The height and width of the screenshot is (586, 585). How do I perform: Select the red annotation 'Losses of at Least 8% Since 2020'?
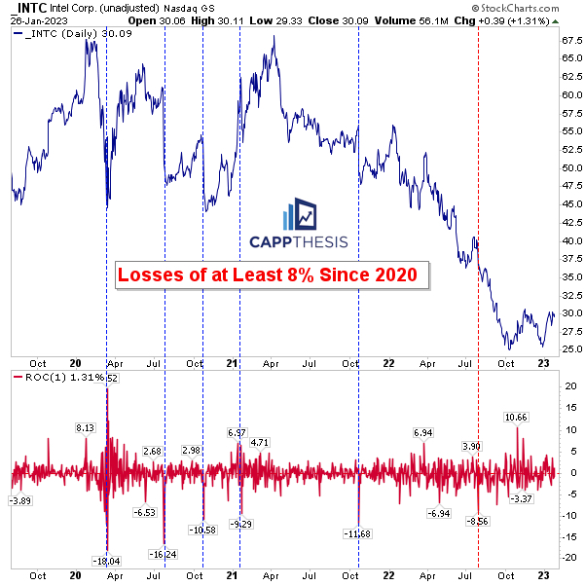coord(274,275)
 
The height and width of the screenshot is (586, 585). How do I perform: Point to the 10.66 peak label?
coord(517,418)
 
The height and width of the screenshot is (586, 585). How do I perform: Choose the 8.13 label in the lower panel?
coord(86,426)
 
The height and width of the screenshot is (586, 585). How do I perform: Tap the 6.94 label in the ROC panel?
coord(422,432)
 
